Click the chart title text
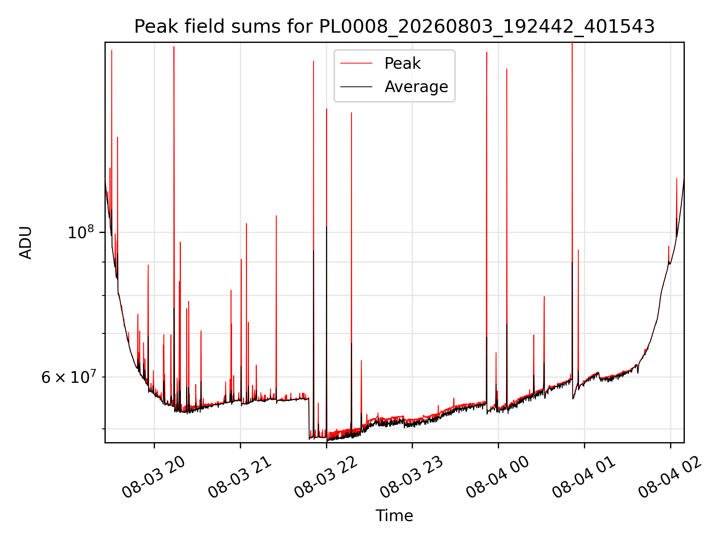394,27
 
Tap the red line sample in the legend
356,63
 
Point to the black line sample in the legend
356,87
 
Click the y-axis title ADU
26,243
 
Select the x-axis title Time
394,516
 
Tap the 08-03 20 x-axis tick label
153,477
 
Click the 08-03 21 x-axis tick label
240,477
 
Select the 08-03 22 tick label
326,477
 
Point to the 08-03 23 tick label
411,477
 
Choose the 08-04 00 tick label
498,477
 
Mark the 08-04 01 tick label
584,477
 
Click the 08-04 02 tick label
670,477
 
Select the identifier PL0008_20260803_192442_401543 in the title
487,27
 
